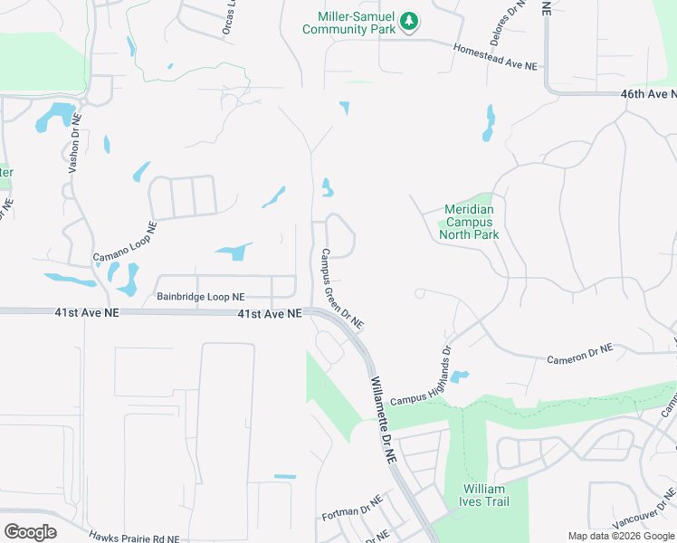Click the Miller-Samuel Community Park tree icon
409,21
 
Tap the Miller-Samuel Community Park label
349,24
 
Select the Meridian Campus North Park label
469,222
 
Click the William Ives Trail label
483,496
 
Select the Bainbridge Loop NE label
200,296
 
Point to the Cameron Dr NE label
579,354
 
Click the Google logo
30,531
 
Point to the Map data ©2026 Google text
620,536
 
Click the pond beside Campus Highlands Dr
459,376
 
